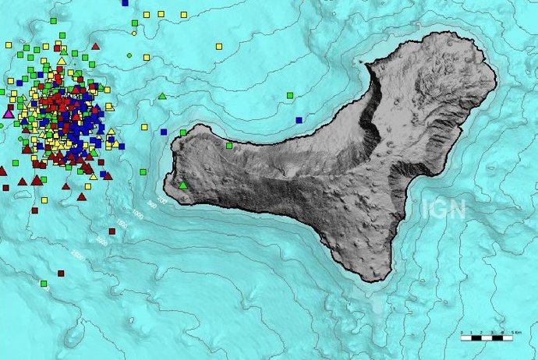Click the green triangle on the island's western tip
[x=183, y=185]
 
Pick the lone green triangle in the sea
[x=162, y=96]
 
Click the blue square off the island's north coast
[x=299, y=120]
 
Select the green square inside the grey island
[x=229, y=145]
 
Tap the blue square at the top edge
[x=125, y=3]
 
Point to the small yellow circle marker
[x=134, y=34]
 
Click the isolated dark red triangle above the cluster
[x=96, y=46]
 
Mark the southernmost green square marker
[x=44, y=283]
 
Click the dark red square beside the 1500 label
[x=112, y=231]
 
